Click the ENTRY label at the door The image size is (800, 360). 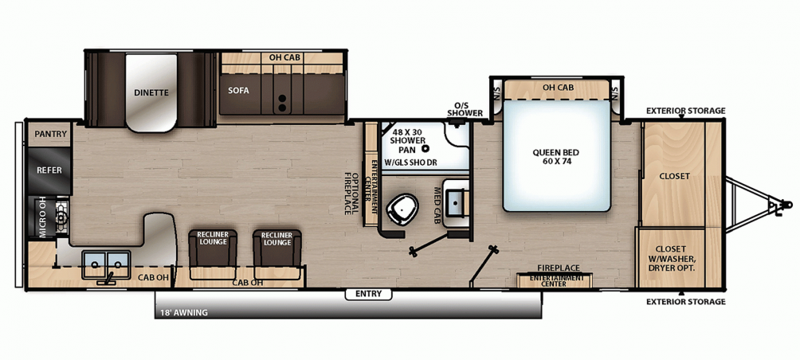point(368,294)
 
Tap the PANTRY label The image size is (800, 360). point(51,134)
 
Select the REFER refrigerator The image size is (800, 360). point(49,170)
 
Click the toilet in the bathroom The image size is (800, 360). point(402,209)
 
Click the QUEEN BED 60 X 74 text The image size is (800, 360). point(556,157)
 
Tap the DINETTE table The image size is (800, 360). point(151,92)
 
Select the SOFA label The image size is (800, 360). point(238,91)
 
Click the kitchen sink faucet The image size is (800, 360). point(108,279)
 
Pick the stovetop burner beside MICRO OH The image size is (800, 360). point(61,217)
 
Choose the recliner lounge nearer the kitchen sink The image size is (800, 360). point(214,254)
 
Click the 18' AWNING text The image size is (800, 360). point(185,312)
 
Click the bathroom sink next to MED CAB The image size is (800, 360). point(457,202)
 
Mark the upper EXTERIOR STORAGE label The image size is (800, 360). point(685,111)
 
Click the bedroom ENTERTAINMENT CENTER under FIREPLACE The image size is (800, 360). point(555,280)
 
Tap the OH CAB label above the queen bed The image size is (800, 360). point(558,87)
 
